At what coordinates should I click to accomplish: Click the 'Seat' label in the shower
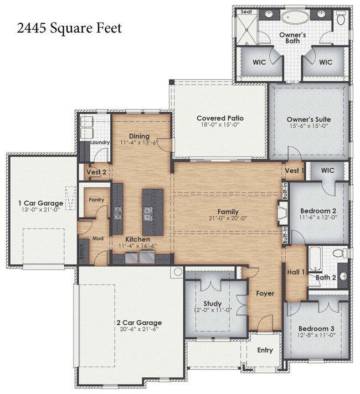tap(244, 11)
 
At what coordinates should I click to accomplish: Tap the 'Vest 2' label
tap(96, 172)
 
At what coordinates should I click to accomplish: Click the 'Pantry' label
tap(96, 200)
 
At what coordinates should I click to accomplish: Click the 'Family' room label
tap(228, 211)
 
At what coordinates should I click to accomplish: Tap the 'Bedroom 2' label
tap(318, 211)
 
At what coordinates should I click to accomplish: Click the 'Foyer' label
tap(265, 293)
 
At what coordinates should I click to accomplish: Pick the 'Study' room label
tap(212, 303)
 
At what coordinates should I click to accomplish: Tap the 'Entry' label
tap(265, 350)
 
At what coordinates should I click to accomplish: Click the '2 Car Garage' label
tap(139, 322)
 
